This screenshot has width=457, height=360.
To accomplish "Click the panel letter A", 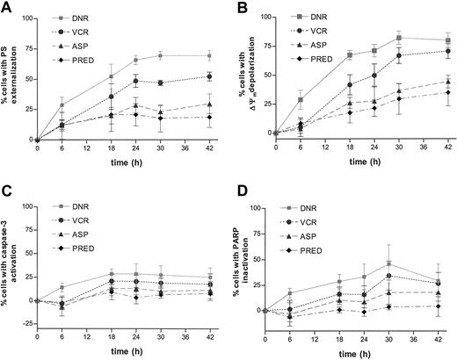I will (7, 8).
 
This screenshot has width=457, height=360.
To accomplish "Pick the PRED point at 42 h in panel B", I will (448, 92).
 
